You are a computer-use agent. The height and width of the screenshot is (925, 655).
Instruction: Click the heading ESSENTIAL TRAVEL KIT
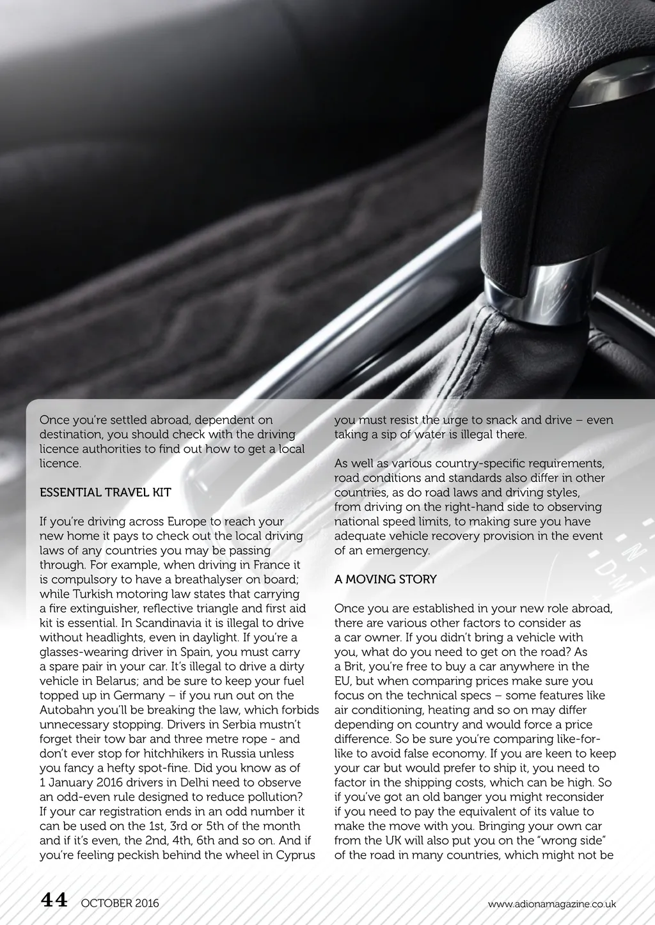[105, 492]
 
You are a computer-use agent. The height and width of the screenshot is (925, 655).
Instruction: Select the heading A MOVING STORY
[385, 579]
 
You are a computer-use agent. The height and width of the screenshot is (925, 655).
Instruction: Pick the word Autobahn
[67, 710]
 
